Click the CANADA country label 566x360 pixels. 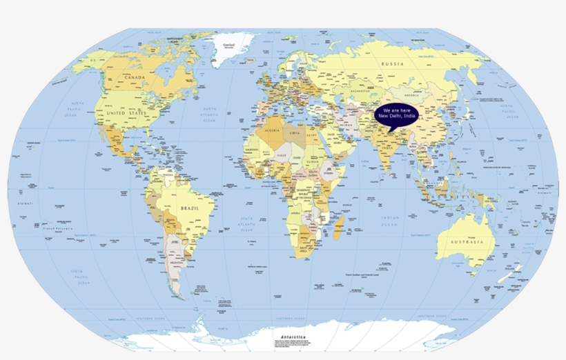(134, 78)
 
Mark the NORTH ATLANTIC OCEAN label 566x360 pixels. (208, 114)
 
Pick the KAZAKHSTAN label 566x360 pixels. (361, 90)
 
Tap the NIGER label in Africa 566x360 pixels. (281, 156)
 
